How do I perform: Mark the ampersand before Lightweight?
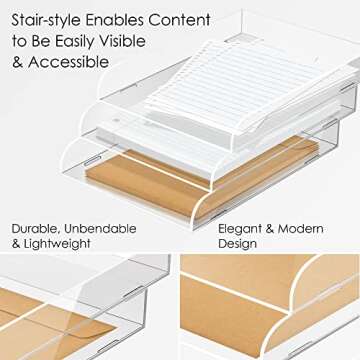click(x=17, y=244)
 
